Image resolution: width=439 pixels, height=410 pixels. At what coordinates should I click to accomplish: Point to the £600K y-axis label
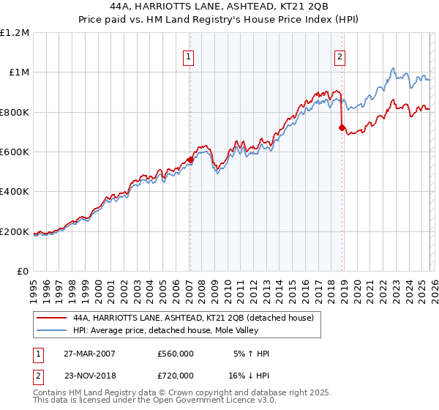coord(15,152)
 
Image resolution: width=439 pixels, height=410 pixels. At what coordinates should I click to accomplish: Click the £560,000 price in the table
coord(175,354)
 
